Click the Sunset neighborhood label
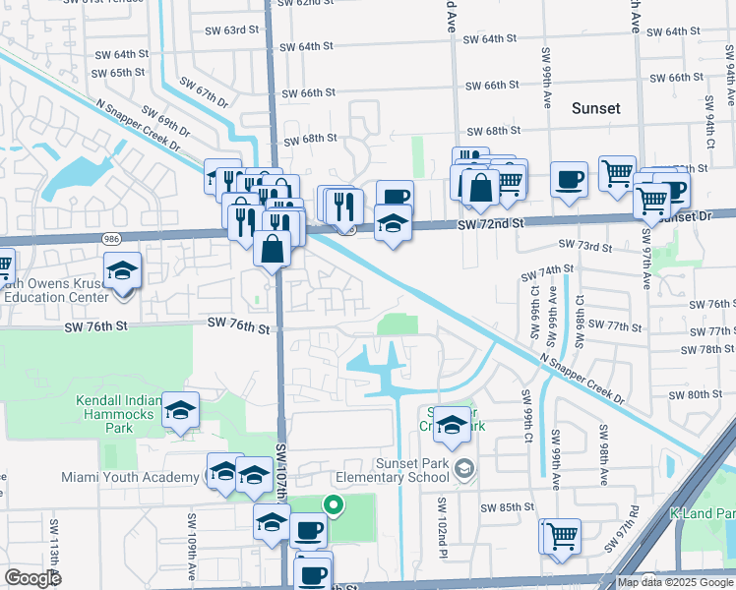tap(596, 108)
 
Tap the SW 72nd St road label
tap(490, 225)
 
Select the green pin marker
tap(334, 506)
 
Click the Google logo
tap(33, 578)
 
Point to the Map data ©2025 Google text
tap(673, 582)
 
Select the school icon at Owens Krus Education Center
tap(123, 272)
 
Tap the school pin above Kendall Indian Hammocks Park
tap(180, 410)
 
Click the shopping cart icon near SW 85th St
tap(561, 536)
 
